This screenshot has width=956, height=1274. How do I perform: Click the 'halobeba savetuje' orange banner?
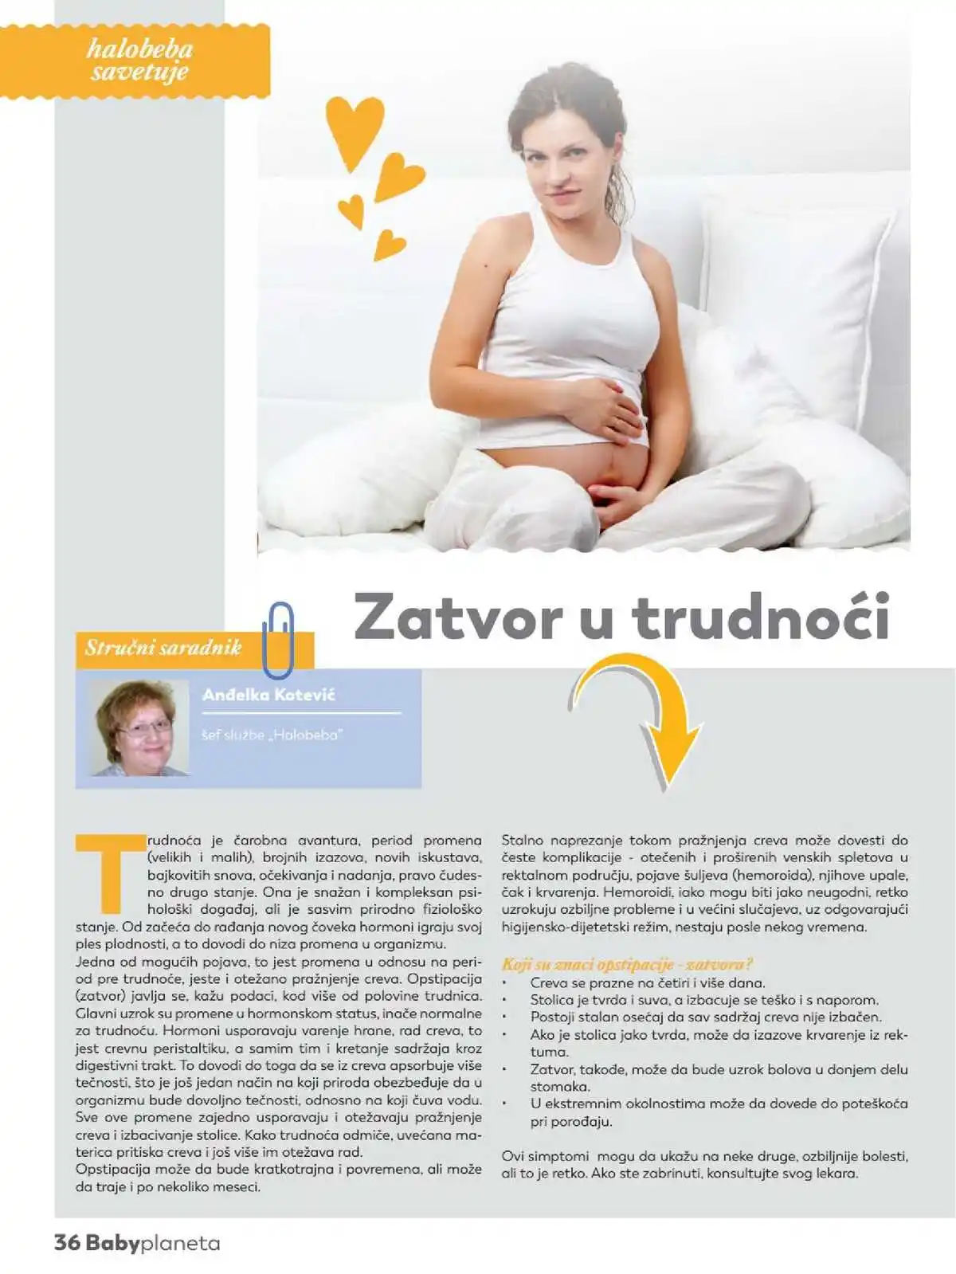pyautogui.click(x=139, y=61)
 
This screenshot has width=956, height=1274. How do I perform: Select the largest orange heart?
pyautogui.click(x=355, y=128)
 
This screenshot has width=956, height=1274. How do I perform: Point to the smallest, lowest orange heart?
pyautogui.click(x=388, y=245)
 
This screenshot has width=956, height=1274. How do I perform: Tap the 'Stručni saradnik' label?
pyautogui.click(x=163, y=647)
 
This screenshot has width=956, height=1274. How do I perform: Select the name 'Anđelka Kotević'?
pyautogui.click(x=268, y=695)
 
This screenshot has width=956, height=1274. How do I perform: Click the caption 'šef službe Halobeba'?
pyautogui.click(x=272, y=735)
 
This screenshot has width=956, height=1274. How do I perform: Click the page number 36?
pyautogui.click(x=67, y=1243)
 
